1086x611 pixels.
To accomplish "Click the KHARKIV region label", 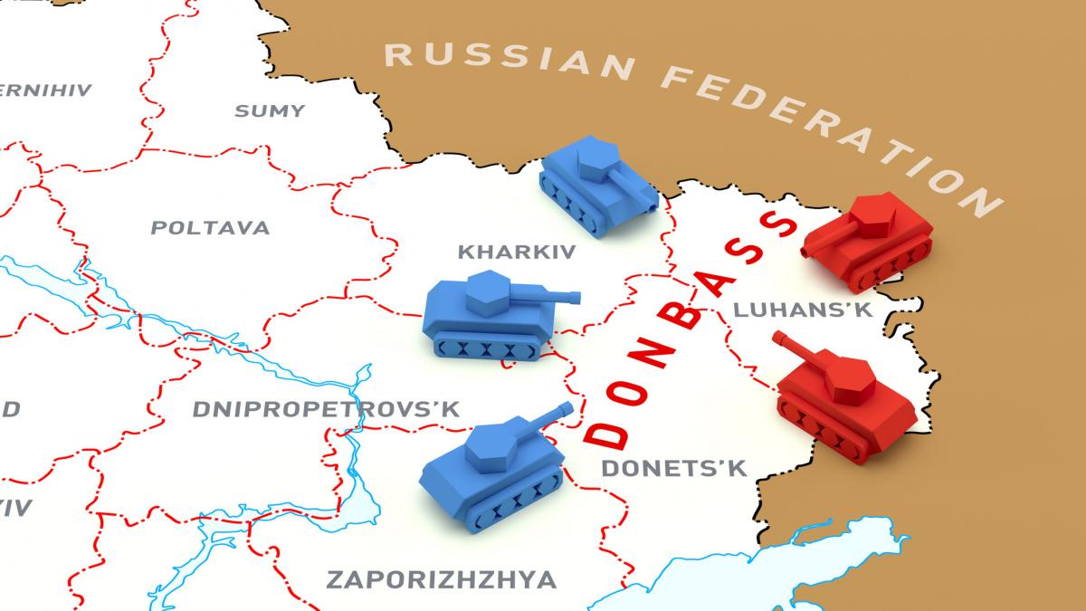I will (516, 251).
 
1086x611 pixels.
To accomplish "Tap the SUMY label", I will (270, 111).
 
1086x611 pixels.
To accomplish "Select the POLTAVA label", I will (210, 227).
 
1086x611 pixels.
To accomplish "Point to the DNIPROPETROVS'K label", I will (326, 409).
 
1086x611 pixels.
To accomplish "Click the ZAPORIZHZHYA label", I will (441, 579).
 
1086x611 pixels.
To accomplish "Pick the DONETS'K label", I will (673, 468).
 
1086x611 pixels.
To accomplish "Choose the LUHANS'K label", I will (802, 310).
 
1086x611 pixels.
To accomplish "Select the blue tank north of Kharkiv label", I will (598, 185).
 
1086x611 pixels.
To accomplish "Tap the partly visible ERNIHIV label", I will (45, 91).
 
